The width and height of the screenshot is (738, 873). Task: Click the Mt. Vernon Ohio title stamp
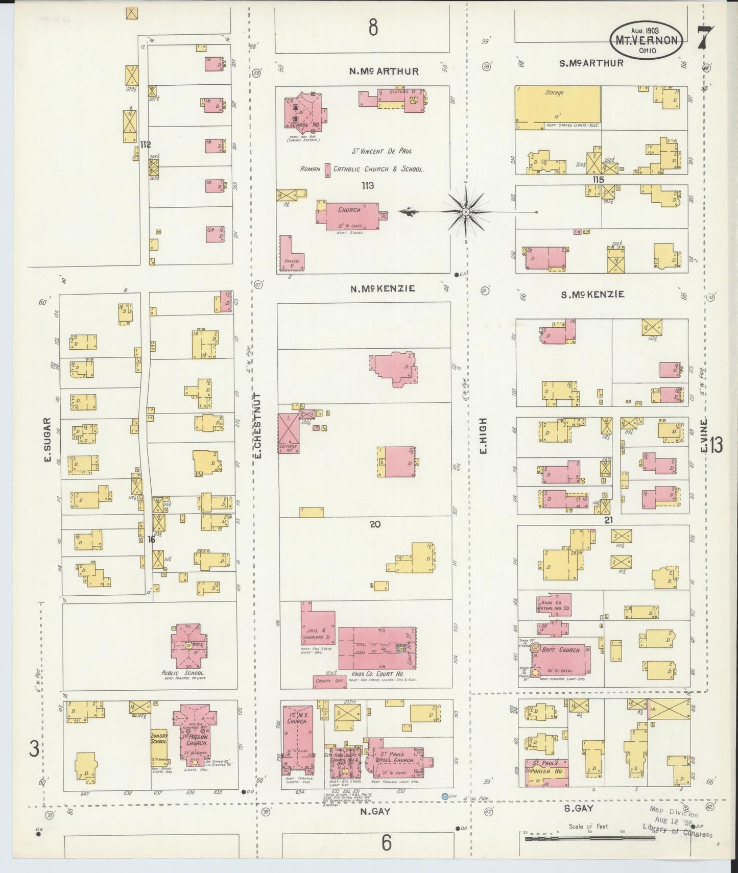point(647,39)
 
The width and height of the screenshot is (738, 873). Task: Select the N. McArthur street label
point(384,71)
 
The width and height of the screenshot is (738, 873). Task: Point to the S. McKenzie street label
point(592,295)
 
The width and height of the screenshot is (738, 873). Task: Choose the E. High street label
point(483,435)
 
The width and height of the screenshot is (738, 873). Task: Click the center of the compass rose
point(466,211)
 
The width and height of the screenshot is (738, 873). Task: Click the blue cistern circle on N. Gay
point(445,796)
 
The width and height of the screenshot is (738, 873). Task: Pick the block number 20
point(375,524)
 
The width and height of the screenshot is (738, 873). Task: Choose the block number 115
point(598,180)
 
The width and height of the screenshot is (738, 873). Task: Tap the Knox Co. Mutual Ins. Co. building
point(553,605)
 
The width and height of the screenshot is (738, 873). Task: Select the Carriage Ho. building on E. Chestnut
point(288,434)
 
